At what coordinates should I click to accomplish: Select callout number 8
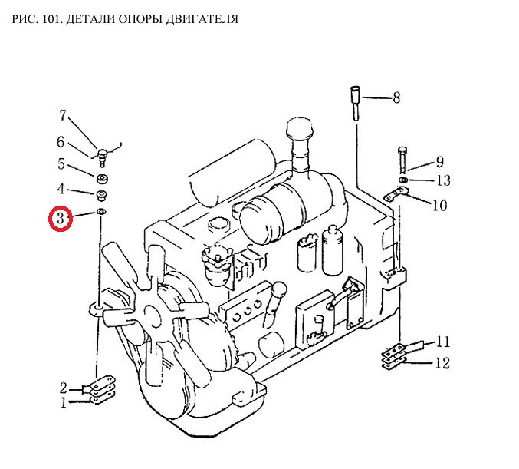[396, 97]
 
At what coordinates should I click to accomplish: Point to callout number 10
[439, 205]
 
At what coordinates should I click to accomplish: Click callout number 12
[442, 362]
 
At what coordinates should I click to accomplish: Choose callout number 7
[64, 117]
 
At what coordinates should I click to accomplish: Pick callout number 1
[64, 401]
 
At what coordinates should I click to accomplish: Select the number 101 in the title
[52, 18]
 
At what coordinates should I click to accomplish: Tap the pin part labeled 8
[356, 99]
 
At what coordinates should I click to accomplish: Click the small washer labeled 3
[101, 212]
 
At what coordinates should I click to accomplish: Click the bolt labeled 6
[101, 157]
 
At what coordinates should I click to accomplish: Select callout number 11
[443, 342]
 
